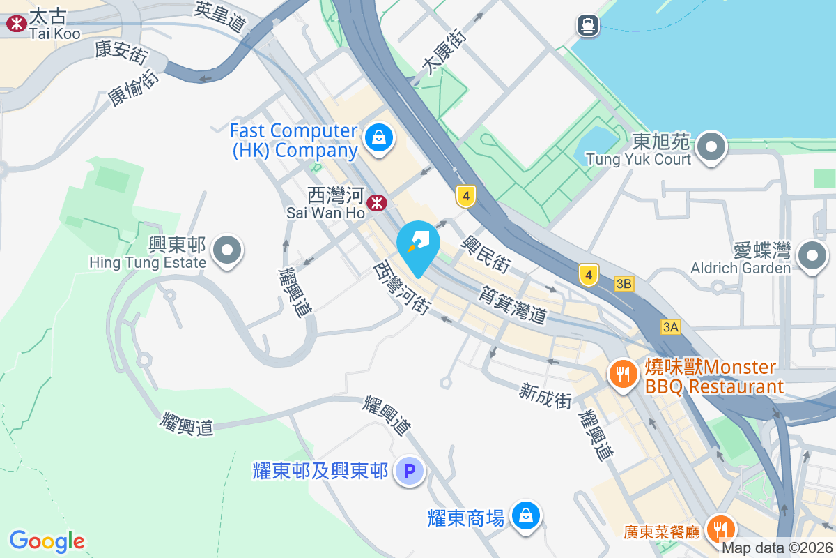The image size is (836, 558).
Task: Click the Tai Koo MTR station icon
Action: (x=14, y=24)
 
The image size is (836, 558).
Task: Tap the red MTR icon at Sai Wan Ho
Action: (x=377, y=203)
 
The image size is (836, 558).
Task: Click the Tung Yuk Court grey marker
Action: (x=711, y=147)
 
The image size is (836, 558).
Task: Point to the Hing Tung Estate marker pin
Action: (x=226, y=250)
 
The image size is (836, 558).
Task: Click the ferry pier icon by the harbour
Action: (x=588, y=26)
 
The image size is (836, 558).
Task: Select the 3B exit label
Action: (x=624, y=284)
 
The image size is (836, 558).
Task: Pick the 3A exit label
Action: (x=670, y=327)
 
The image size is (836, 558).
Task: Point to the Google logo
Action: (x=47, y=541)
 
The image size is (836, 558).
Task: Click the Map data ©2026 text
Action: (x=777, y=548)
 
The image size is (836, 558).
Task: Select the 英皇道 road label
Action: (x=221, y=17)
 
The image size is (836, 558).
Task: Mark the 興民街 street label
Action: (x=488, y=254)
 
